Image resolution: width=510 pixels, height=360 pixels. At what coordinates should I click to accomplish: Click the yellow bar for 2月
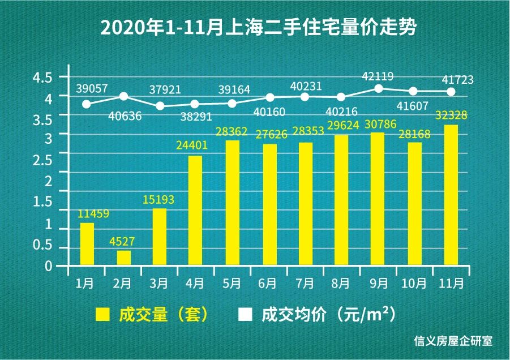tap(124, 258)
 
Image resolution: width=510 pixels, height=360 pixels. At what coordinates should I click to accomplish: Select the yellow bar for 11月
tap(451, 195)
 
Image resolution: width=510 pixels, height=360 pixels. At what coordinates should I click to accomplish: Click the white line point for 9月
tap(379, 88)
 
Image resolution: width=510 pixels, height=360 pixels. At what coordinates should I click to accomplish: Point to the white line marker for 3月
tap(160, 106)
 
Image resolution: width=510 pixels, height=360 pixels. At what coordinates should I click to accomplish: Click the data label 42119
tap(379, 76)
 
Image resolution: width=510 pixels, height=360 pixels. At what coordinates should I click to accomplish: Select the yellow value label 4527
tap(123, 242)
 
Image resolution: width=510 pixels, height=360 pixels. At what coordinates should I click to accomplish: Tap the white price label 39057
tap(92, 89)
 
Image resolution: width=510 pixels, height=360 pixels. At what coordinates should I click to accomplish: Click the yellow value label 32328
tap(451, 115)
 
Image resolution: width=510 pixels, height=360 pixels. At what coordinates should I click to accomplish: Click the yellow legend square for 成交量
tap(102, 315)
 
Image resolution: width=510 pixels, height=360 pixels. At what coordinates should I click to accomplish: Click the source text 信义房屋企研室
tap(453, 341)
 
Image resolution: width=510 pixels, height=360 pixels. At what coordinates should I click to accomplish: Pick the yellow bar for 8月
tap(341, 200)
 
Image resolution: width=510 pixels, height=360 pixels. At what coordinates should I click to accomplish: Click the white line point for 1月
tap(87, 104)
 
